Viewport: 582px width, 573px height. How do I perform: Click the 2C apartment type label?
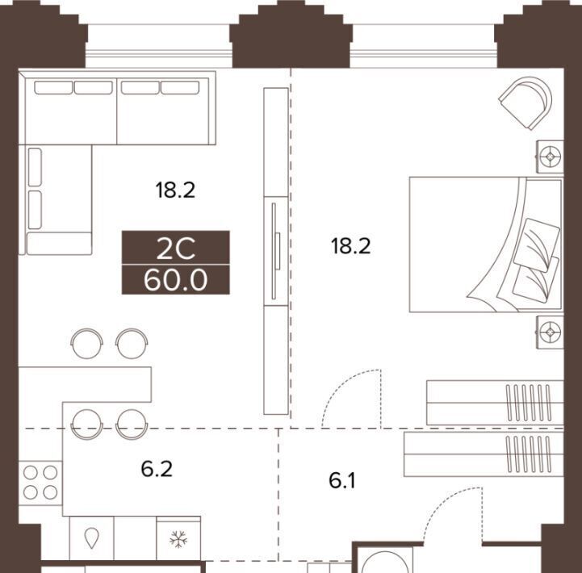click(175, 249)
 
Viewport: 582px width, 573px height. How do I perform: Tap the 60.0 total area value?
click(175, 280)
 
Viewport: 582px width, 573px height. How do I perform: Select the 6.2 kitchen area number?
click(157, 469)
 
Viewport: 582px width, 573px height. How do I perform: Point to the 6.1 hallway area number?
click(342, 480)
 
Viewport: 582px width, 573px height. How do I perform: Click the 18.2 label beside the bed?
click(351, 246)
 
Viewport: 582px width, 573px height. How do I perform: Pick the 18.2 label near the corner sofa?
click(175, 190)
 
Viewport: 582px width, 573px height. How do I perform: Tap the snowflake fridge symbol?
click(178, 539)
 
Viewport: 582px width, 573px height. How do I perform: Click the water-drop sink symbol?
click(92, 538)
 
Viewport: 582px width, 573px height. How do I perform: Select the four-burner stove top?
click(40, 483)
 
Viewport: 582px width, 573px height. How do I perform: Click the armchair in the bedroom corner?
click(526, 102)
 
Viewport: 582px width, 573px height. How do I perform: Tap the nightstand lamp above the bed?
click(550, 157)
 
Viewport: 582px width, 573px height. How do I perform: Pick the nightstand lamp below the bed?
click(550, 333)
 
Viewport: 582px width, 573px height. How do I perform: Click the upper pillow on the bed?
click(537, 245)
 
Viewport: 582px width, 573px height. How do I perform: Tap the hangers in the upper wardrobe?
click(529, 403)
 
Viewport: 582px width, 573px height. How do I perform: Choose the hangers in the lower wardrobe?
click(529, 454)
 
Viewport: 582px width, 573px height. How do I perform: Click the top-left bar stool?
click(87, 343)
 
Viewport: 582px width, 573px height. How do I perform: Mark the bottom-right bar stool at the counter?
click(132, 425)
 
